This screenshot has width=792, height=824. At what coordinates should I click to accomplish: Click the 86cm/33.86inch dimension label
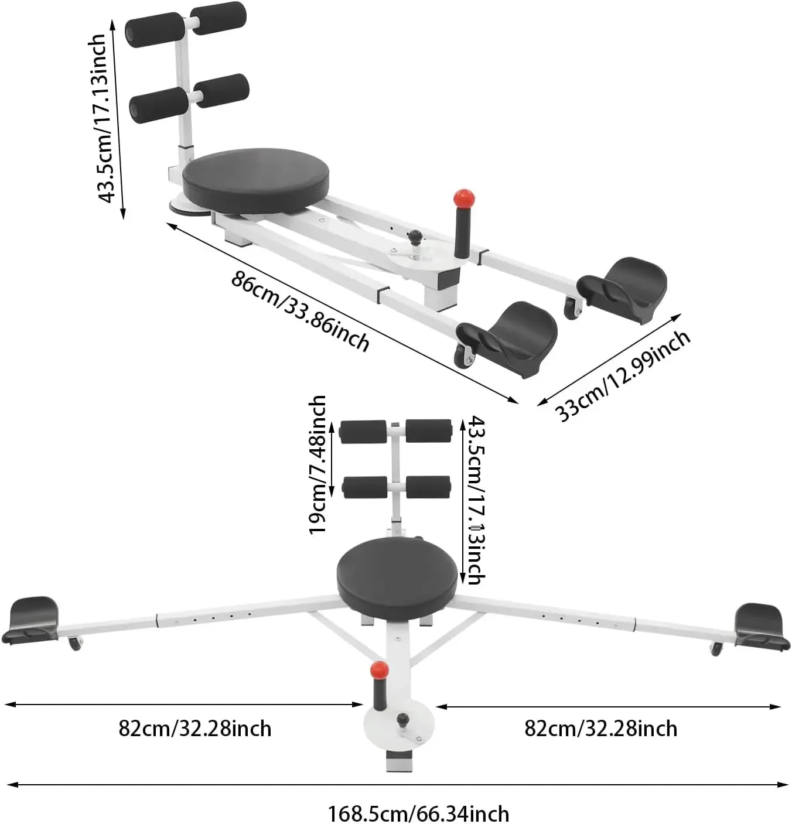click(x=301, y=312)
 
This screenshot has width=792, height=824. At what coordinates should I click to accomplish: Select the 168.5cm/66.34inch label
click(x=418, y=813)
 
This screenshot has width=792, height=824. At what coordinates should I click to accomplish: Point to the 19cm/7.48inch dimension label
click(x=318, y=464)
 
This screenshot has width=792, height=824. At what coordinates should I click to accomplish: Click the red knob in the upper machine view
click(x=464, y=198)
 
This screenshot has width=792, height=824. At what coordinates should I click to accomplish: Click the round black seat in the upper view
click(x=255, y=180)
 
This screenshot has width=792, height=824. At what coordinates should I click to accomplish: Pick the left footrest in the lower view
click(x=30, y=620)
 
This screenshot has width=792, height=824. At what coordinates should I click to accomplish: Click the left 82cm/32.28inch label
click(x=195, y=729)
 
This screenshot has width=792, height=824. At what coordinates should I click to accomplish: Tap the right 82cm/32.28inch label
click(x=600, y=729)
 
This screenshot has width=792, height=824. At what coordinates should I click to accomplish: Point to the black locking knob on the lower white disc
click(x=402, y=719)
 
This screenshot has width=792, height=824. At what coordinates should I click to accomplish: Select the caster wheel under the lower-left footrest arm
click(x=75, y=644)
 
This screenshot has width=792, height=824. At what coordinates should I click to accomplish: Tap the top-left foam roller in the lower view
click(x=363, y=432)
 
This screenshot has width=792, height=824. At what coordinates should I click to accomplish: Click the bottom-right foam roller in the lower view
click(x=428, y=487)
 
